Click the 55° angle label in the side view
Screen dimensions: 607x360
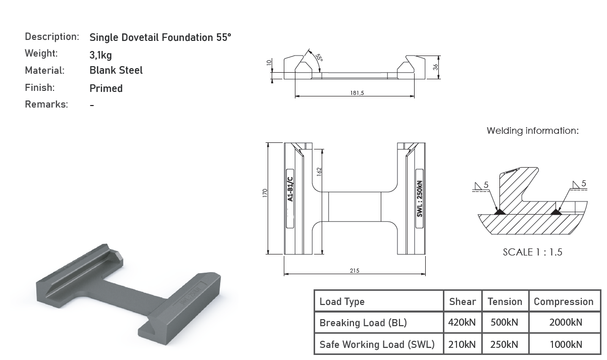coord(319,58)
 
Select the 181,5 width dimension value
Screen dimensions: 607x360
coord(357,93)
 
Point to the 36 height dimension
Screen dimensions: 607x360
coord(435,67)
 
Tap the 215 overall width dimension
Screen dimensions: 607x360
coord(355,271)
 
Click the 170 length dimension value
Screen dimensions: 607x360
coord(265,193)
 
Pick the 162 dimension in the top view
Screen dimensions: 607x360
coord(319,172)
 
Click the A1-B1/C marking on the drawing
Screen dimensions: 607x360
coord(290,189)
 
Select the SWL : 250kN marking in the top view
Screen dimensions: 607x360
coord(420,198)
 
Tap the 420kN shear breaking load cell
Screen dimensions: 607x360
coord(462,322)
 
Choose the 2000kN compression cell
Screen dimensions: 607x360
coord(566,322)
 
